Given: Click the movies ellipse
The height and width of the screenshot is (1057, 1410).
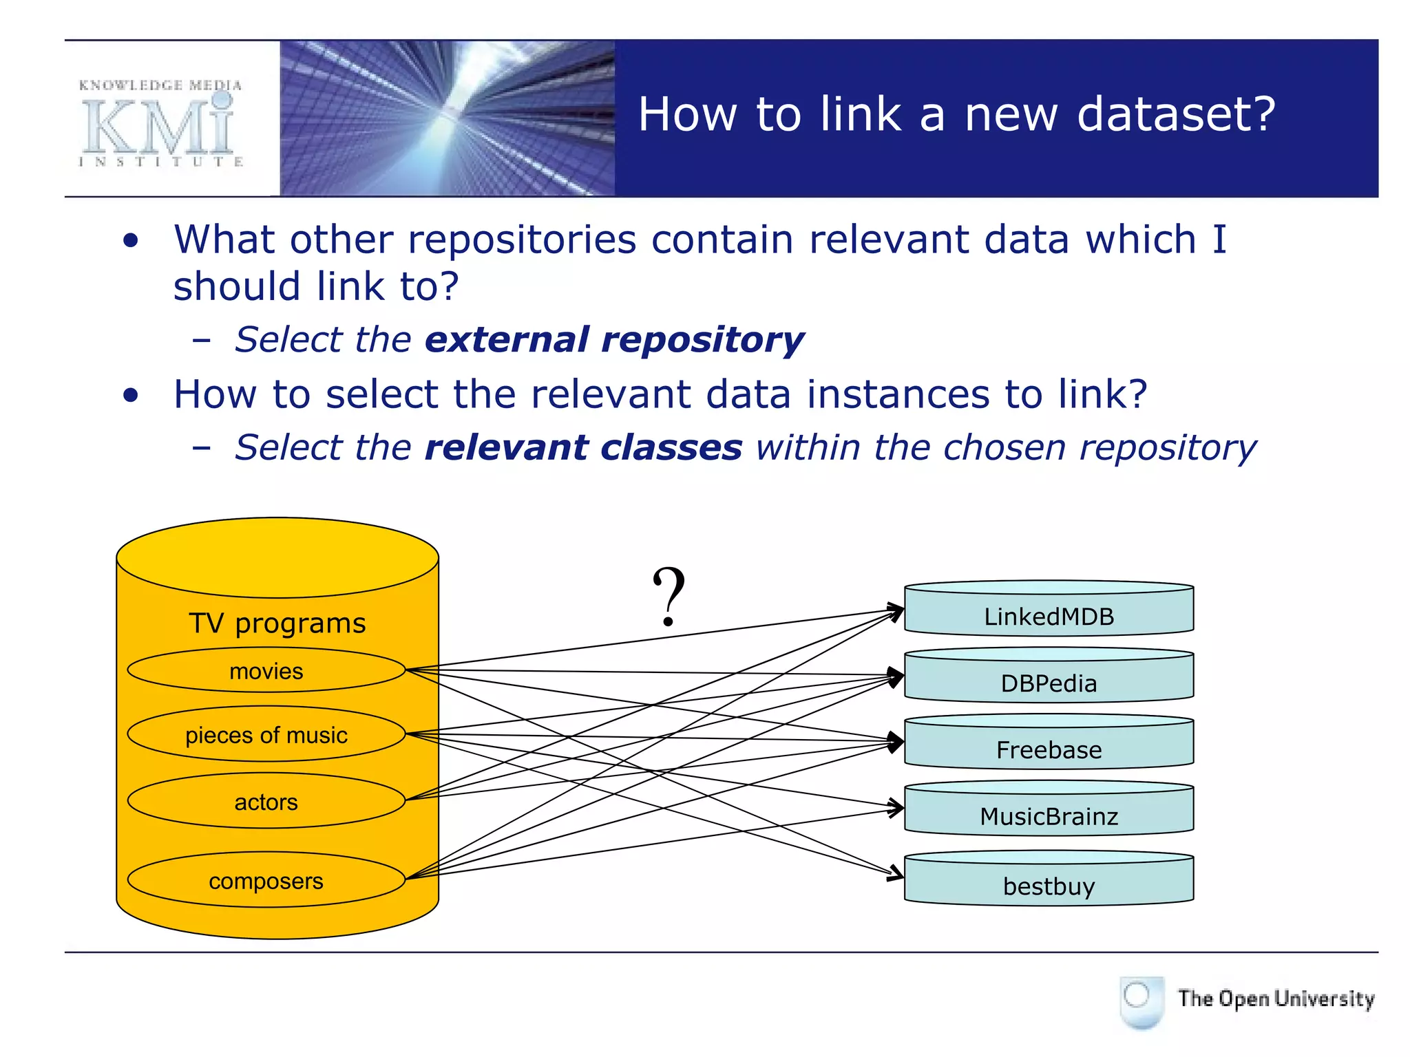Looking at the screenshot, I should coord(266,670).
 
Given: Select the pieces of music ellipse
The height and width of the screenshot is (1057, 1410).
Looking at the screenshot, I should coord(266,734).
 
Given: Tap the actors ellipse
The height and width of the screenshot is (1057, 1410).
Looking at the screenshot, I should coord(266,801).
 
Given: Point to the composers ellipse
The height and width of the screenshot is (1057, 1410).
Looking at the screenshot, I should coord(266,880).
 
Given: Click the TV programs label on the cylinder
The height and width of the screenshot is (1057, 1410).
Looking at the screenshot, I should coord(277,623).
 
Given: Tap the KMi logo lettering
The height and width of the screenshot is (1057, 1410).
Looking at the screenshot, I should coord(159,127).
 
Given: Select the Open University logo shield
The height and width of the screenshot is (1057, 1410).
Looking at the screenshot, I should coord(1141,1001).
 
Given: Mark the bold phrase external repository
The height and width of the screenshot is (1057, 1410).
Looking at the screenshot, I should coord(614,340).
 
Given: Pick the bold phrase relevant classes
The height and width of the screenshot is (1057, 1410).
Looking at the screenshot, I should coord(583,448).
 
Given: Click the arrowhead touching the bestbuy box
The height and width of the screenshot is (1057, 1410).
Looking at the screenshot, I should coord(896,873).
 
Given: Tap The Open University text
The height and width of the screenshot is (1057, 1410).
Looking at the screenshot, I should coord(1275,999).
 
